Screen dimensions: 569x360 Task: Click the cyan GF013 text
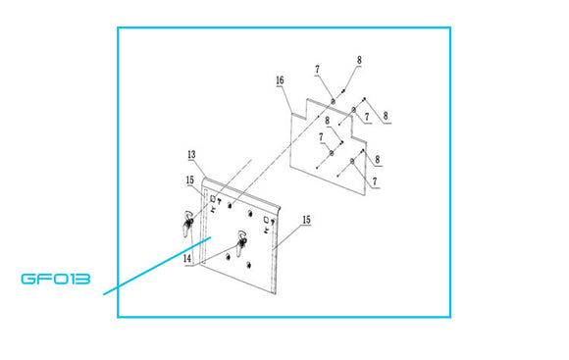[56, 279]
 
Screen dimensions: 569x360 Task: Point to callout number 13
[191, 155]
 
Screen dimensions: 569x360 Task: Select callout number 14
[187, 259]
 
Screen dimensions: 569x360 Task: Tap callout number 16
[280, 80]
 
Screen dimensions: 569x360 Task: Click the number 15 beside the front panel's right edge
[307, 220]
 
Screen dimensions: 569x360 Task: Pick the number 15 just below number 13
[190, 180]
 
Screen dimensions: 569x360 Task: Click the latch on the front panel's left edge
[188, 223]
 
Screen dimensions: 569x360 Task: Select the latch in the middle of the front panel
[241, 242]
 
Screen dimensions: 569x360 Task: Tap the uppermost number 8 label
[359, 60]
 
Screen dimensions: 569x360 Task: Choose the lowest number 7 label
[375, 181]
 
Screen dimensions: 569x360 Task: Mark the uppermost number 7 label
[318, 69]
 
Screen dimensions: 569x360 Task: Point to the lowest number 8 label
[378, 159]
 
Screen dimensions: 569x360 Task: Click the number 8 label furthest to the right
[386, 116]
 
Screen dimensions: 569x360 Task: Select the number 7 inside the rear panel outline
[321, 137]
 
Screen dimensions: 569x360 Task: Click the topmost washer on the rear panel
[333, 101]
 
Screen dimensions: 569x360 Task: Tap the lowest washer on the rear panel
[352, 161]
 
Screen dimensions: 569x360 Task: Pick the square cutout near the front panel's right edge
[266, 219]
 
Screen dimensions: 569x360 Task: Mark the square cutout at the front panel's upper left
[213, 198]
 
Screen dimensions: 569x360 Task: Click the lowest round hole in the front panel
[248, 265]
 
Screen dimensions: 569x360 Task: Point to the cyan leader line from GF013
[157, 265]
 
